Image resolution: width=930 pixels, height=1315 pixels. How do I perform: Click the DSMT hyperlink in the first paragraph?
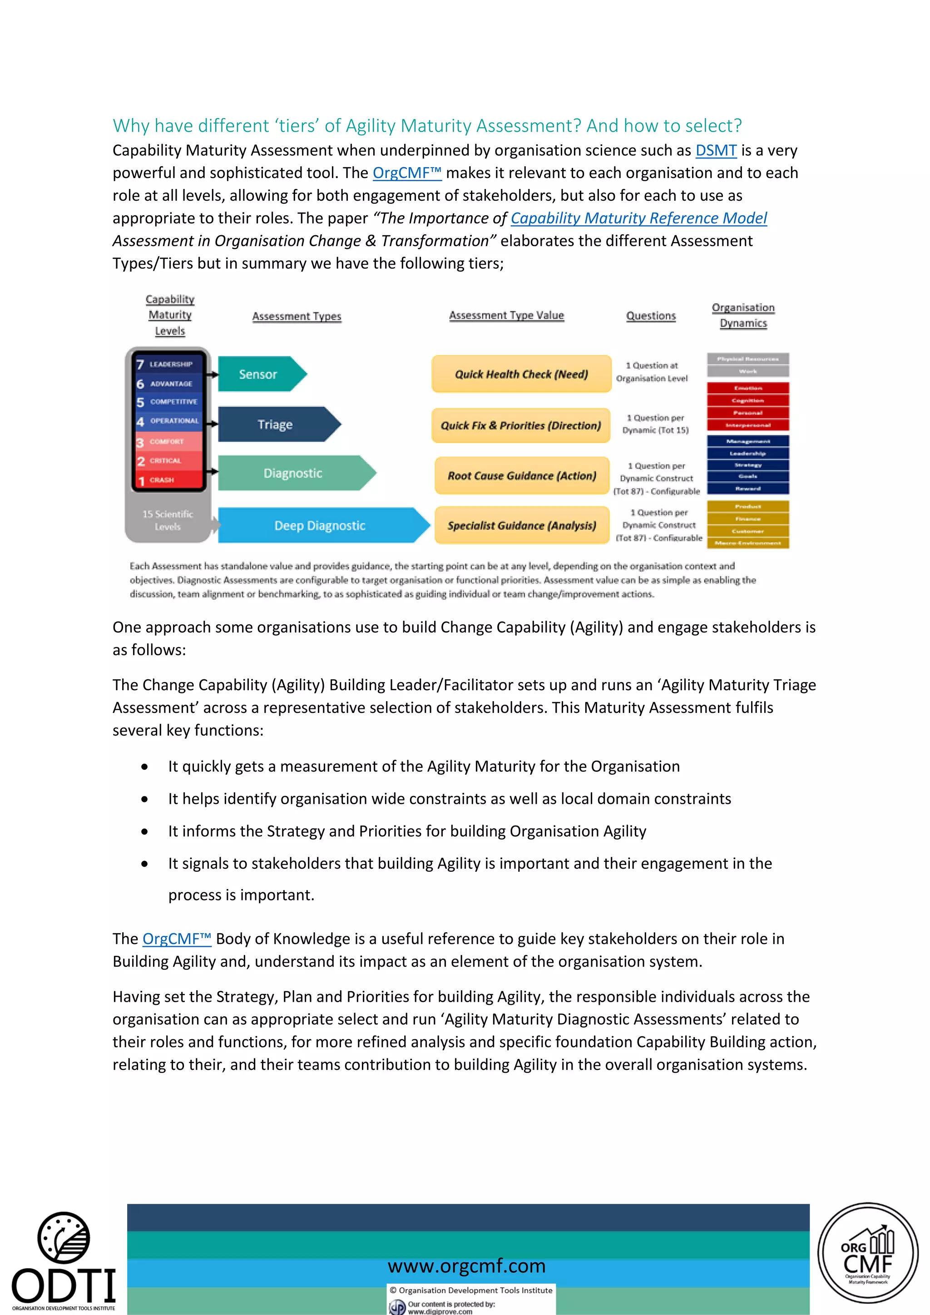point(715,151)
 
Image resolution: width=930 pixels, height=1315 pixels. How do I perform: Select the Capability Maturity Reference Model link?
point(638,218)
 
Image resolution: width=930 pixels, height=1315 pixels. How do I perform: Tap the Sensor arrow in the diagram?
point(259,375)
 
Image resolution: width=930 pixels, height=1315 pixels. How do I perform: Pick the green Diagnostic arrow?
point(293,473)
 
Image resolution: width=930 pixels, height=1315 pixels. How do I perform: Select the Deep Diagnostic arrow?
point(320,526)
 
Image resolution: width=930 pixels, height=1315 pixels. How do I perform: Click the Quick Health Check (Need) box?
point(521,375)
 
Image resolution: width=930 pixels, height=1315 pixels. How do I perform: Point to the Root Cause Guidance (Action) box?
point(521,476)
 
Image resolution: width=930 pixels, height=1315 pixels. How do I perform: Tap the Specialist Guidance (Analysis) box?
point(521,526)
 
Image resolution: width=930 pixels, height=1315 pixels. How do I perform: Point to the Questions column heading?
point(651,316)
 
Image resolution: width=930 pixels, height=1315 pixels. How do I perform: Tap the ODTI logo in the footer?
point(63,1260)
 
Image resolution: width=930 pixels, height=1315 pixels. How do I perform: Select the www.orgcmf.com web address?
point(466,1266)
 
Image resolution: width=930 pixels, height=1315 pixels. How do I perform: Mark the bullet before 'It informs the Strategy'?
point(145,831)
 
